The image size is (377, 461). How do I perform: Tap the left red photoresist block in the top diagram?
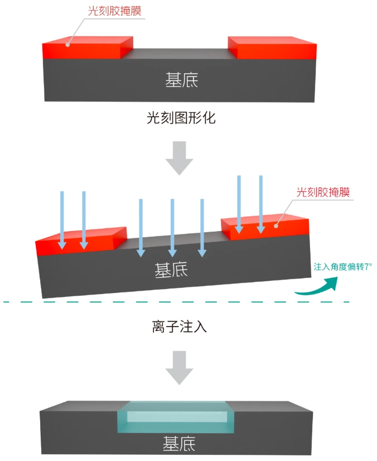(86, 48)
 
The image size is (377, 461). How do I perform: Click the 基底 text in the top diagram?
(182, 80)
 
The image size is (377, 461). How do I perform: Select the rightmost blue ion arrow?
(260, 204)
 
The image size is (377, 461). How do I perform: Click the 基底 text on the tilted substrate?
(171, 271)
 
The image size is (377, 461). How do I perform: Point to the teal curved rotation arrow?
(317, 286)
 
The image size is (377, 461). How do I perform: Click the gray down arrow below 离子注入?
(180, 367)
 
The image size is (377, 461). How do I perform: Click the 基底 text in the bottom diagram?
(179, 445)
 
